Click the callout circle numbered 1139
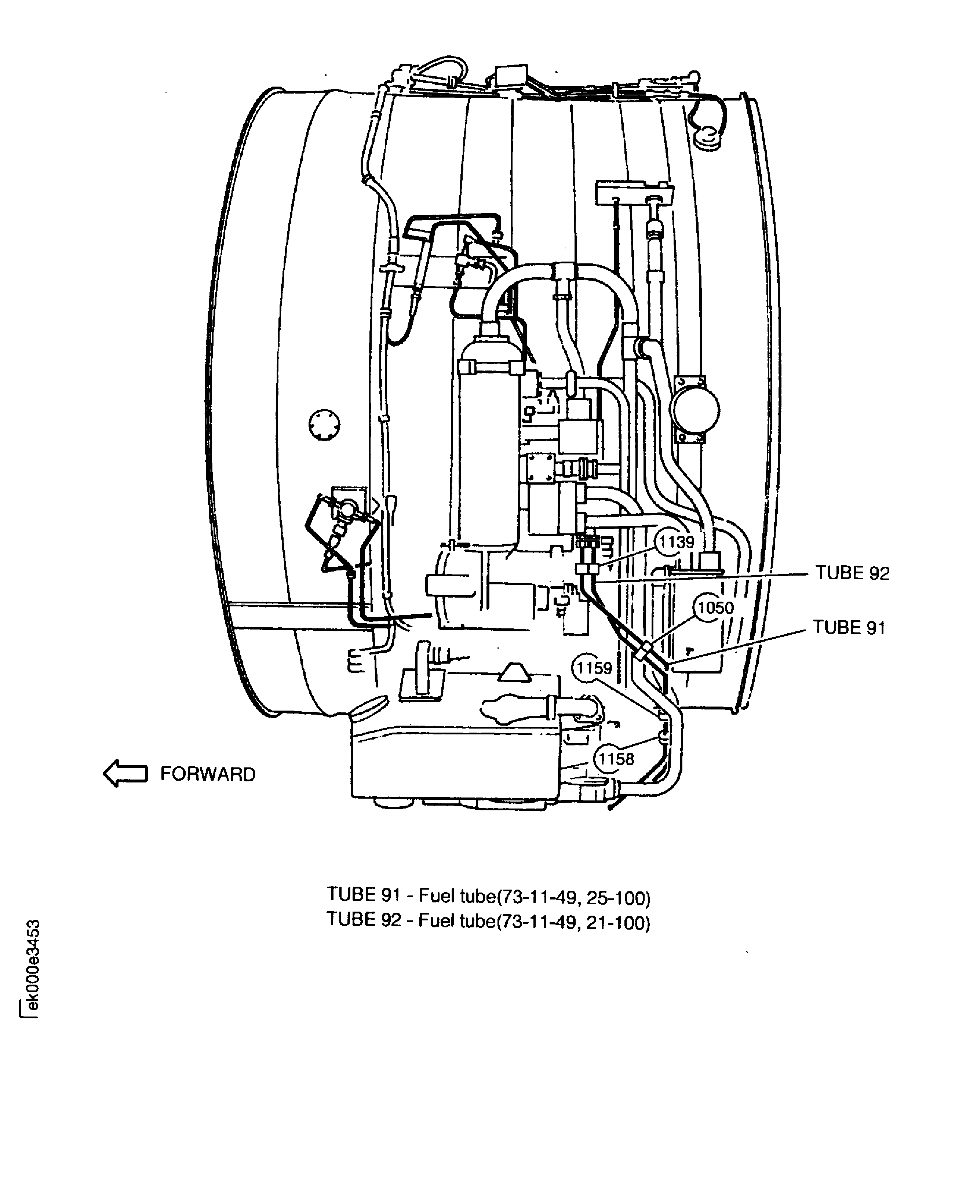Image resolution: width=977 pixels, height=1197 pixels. click(x=675, y=542)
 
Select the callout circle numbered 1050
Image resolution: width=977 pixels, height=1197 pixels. click(x=715, y=608)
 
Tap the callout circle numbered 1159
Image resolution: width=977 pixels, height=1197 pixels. click(x=594, y=668)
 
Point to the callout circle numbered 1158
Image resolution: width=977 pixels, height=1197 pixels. click(x=616, y=759)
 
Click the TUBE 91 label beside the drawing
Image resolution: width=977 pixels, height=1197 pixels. click(x=849, y=628)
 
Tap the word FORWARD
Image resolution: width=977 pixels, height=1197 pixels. click(x=208, y=774)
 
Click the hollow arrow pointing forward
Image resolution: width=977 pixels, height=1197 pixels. click(x=125, y=773)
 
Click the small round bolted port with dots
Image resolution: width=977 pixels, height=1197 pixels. click(x=325, y=424)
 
